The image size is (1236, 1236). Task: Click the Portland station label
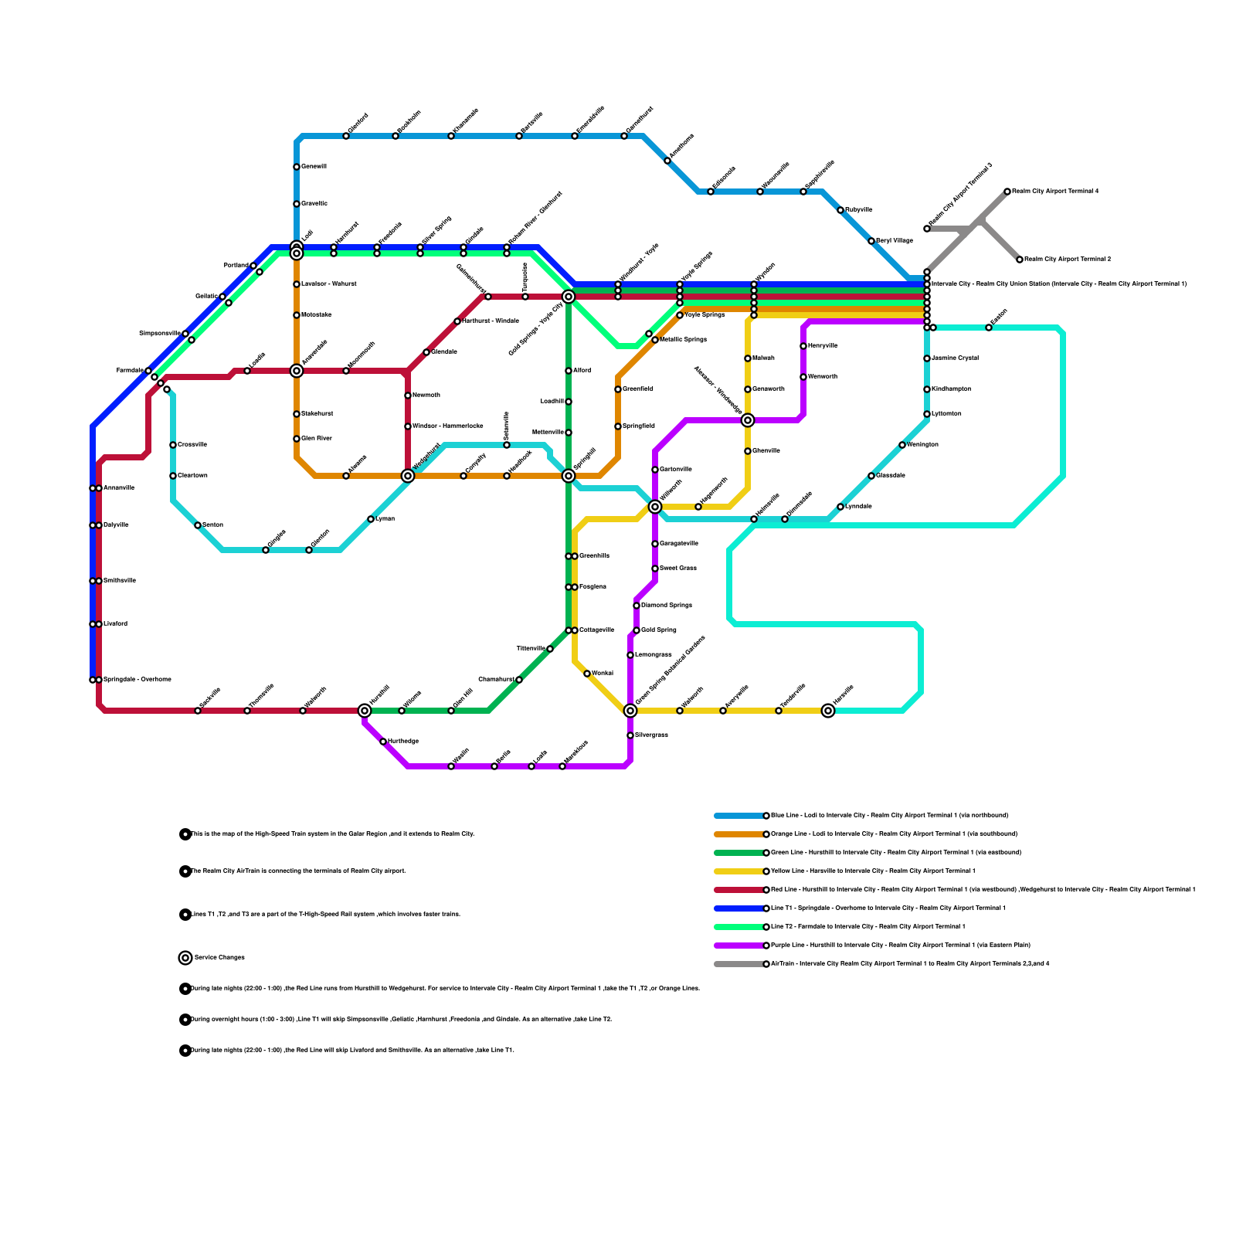(x=236, y=266)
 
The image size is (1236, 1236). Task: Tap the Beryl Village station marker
(x=871, y=241)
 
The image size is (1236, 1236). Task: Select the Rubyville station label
(x=859, y=210)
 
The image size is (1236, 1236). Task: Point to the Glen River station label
(x=317, y=439)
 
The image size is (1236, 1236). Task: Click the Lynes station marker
(x=371, y=519)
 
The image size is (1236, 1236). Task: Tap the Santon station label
(x=213, y=525)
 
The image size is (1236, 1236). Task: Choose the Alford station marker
(x=569, y=371)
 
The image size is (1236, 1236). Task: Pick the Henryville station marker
(x=803, y=346)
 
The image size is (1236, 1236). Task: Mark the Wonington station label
(x=923, y=445)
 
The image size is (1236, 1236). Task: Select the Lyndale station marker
(x=840, y=507)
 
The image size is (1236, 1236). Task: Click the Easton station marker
(x=989, y=328)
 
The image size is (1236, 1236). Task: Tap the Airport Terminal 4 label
(x=1055, y=192)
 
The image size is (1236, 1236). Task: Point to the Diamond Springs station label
(x=667, y=606)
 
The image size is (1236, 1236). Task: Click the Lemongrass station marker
(x=630, y=655)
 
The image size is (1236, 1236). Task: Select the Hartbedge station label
(x=403, y=742)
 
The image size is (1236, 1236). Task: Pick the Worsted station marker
(x=587, y=674)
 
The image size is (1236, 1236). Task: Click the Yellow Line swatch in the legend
(x=739, y=871)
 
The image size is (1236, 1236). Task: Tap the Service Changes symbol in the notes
(x=185, y=958)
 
